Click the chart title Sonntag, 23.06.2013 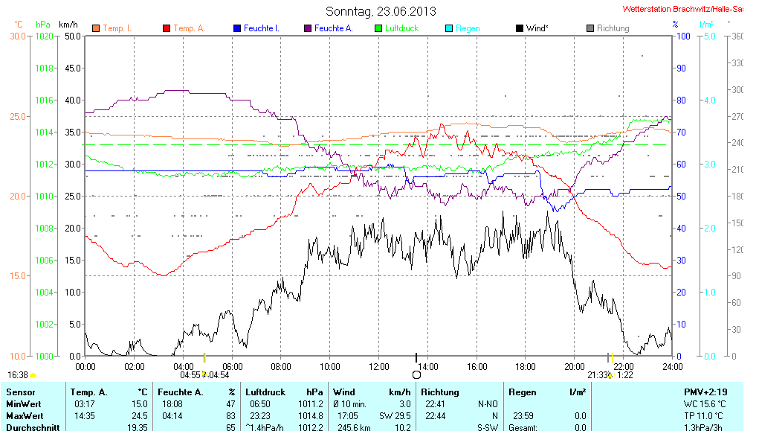[x=381, y=11]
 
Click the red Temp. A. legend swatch [x=166, y=28]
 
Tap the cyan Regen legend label [x=468, y=28]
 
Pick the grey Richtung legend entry [x=613, y=28]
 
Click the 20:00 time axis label [x=574, y=366]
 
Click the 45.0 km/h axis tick [x=71, y=68]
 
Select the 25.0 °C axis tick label [x=18, y=116]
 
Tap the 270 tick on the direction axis [x=738, y=116]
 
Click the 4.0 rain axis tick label [x=709, y=100]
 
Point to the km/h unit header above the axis [x=68, y=25]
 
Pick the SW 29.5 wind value [x=394, y=415]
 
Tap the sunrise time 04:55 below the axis [x=190, y=374]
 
